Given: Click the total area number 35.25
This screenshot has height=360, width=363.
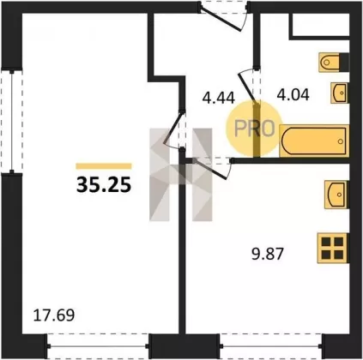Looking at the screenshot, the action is tap(104, 183).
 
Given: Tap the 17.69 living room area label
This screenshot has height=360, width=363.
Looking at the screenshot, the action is tap(54, 315).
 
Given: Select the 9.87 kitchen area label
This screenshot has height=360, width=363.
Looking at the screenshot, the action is tap(268, 254).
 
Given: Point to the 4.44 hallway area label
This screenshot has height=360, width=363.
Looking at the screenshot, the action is tap(218, 98).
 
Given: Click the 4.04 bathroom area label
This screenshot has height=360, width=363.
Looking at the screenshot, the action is tap(293, 94).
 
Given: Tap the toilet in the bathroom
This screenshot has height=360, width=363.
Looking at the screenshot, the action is tap(334, 62).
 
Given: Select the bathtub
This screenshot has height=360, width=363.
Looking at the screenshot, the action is tap(314, 141).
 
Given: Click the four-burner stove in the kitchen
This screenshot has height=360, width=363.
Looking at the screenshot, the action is tap(333, 248).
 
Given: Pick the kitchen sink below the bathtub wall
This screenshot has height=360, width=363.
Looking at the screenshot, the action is tap(337, 195).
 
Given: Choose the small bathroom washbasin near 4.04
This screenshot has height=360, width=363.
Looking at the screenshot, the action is tap(340, 93).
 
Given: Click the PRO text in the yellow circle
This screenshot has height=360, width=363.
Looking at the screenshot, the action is tap(255, 128).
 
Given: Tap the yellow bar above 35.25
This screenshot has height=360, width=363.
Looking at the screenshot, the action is tap(104, 166).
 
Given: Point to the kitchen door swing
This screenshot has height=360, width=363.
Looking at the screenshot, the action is tap(212, 169).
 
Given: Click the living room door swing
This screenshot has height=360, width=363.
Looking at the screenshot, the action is tap(173, 129).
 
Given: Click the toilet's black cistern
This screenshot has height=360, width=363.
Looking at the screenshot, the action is tap(344, 62).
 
